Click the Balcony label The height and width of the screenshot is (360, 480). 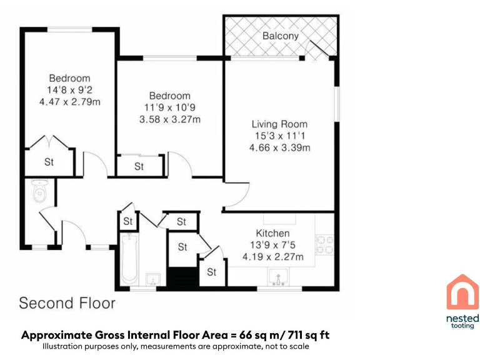tap(280, 36)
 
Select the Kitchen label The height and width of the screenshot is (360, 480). tap(272, 233)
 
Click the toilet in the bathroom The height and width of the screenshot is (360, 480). tap(39, 192)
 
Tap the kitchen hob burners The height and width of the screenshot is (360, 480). tap(324, 245)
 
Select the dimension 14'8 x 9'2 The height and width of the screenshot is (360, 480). tap(69, 90)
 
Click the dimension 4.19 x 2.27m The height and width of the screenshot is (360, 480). tap(272, 257)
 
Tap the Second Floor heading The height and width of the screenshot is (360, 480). tap(67, 304)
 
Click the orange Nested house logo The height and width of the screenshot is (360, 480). tap(462, 292)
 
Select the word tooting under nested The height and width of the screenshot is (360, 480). tap(462, 326)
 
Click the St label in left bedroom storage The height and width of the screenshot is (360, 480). tap(49, 162)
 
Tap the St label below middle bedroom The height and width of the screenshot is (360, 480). tap(139, 166)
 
